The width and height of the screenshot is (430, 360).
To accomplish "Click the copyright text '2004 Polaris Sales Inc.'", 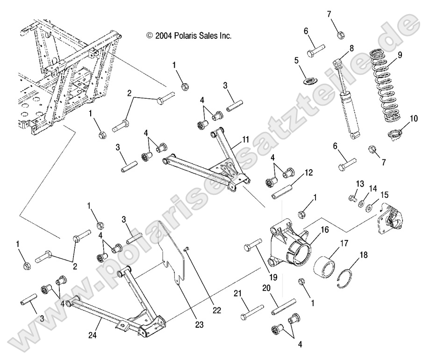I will [189, 35].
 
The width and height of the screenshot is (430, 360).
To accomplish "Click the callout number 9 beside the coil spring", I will [400, 54].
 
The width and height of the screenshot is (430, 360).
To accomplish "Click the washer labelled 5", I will [308, 82].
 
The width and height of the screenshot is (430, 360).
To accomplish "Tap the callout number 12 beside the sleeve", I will [309, 173].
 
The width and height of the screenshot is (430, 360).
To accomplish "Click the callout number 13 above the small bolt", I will [360, 183].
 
